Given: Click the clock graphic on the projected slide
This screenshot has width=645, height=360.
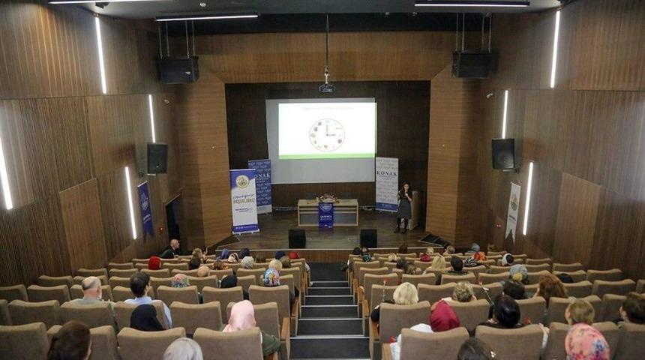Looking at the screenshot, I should tap(327, 134).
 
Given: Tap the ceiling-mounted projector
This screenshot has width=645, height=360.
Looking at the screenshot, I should tap(326, 88).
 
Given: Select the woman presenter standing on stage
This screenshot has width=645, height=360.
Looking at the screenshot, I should tap(404, 206).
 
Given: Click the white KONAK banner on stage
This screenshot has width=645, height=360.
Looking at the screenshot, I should tap(386, 184).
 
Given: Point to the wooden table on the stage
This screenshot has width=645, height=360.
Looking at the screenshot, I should tap(328, 212).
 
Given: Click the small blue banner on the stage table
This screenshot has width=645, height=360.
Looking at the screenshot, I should tap(325, 214).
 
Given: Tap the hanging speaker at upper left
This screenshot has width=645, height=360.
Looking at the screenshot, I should tap(178, 70).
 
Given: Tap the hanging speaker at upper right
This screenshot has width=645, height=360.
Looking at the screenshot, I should tap(474, 64).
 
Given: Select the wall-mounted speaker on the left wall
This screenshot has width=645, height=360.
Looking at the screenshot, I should tap(157, 158).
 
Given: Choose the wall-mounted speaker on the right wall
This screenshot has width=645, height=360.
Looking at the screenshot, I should tap(503, 154).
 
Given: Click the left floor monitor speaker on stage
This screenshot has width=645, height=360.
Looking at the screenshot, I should tap(297, 238).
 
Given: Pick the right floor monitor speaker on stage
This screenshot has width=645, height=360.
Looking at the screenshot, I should tap(368, 238).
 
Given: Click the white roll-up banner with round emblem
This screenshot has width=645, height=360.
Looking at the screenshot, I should tap(244, 201).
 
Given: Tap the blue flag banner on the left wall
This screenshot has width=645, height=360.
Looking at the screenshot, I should tap(145, 209).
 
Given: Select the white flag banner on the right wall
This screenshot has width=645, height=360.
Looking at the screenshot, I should tap(514, 210).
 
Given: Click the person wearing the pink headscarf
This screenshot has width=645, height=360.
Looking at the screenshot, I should tap(241, 316).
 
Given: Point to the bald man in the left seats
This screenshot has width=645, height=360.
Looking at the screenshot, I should tap(91, 289).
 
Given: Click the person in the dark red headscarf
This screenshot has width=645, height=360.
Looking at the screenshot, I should tap(444, 317).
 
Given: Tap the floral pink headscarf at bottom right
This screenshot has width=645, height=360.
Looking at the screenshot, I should tap(586, 342).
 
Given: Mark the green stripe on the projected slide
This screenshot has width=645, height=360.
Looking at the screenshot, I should tap(327, 157).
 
